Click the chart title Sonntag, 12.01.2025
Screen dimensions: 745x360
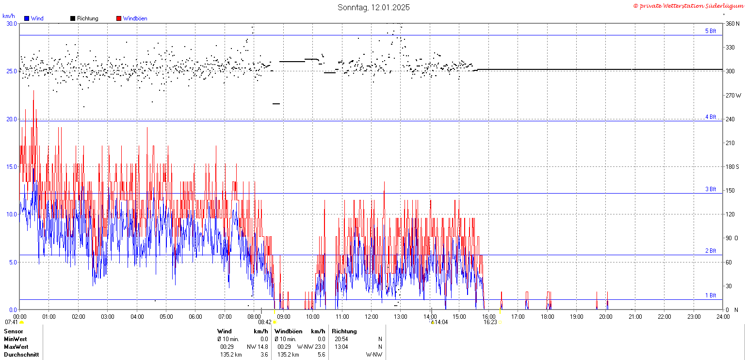pyautogui.click(x=373, y=7)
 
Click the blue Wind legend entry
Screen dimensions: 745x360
pyautogui.click(x=34, y=18)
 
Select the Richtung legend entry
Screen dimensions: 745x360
pyautogui.click(x=84, y=18)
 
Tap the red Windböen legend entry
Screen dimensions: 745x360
pyautogui.click(x=132, y=18)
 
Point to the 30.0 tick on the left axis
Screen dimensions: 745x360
pyautogui.click(x=12, y=24)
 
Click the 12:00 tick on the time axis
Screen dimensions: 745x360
pyautogui.click(x=371, y=316)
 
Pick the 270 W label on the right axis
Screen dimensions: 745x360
pyautogui.click(x=733, y=95)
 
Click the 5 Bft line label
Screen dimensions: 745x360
pyautogui.click(x=711, y=31)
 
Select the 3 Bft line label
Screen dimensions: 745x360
pyautogui.click(x=711, y=189)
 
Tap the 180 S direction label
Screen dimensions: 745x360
pyautogui.click(x=732, y=167)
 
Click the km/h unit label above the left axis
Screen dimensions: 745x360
pyautogui.click(x=9, y=16)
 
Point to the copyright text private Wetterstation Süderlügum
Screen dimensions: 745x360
pyautogui.click(x=688, y=6)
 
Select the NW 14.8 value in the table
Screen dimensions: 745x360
pyautogui.click(x=258, y=347)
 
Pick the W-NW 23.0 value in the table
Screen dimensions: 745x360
pyautogui.click(x=311, y=347)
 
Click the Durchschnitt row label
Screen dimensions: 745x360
pyautogui.click(x=21, y=355)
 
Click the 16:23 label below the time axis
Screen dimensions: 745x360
pyautogui.click(x=490, y=322)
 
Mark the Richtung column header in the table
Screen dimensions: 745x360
pyautogui.click(x=344, y=331)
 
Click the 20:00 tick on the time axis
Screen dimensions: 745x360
pyautogui.click(x=606, y=316)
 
